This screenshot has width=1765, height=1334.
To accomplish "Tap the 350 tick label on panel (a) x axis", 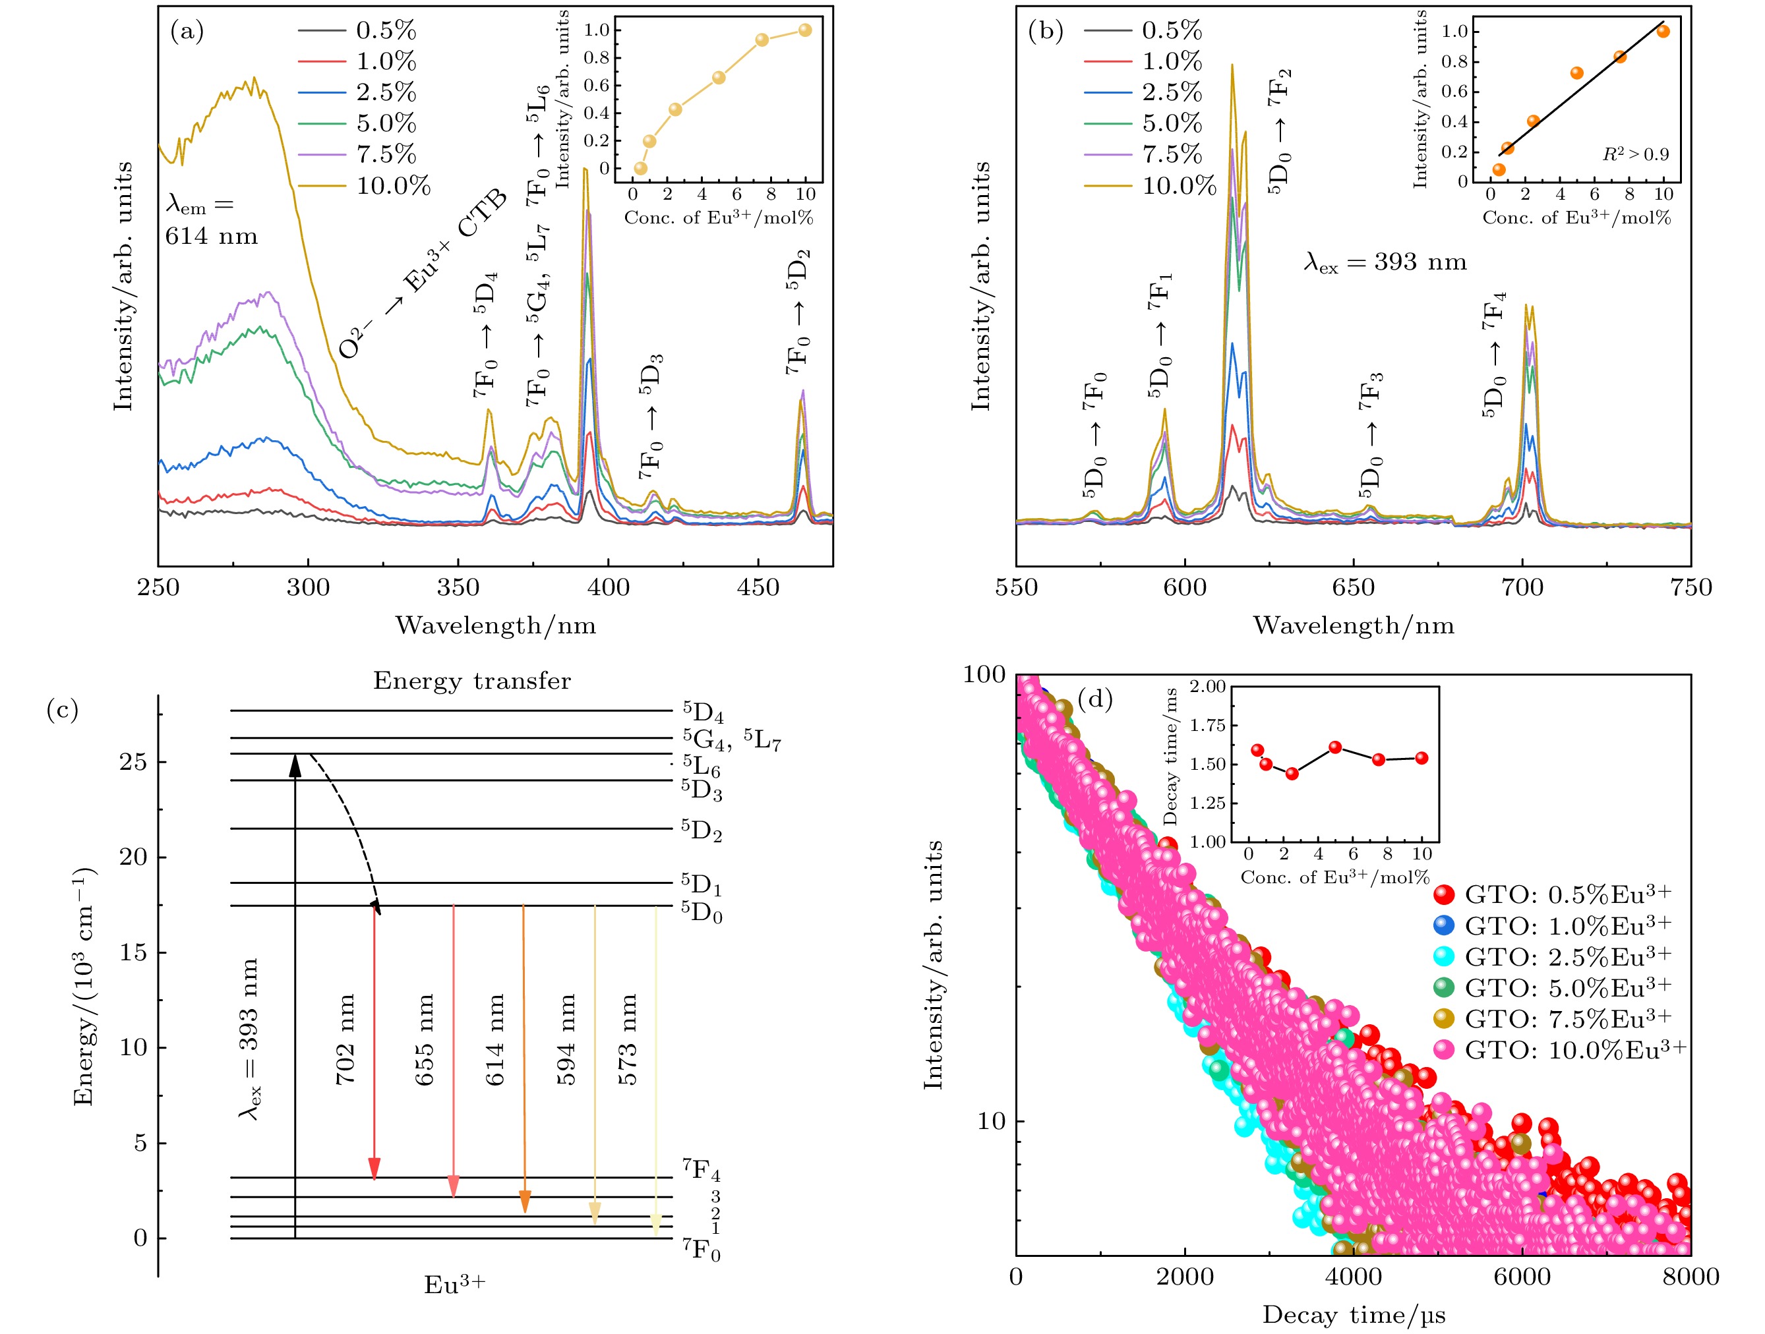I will [458, 588].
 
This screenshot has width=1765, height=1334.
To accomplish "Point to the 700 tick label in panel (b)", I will [1522, 588].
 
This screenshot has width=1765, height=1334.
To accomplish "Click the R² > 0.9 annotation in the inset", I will [1635, 154].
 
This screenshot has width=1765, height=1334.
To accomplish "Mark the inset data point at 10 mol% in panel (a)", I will [805, 30].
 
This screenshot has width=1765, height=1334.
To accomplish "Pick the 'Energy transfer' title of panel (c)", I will [471, 681].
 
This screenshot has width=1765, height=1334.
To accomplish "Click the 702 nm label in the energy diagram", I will [345, 1039].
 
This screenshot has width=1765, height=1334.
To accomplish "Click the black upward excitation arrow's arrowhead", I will [295, 765].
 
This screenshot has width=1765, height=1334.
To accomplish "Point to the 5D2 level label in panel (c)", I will [702, 830].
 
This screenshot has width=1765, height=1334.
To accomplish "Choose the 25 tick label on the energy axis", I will [133, 762].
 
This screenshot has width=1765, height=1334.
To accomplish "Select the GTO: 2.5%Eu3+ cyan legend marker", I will [1443, 956].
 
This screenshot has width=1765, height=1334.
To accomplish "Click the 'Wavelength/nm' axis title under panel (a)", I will [496, 625].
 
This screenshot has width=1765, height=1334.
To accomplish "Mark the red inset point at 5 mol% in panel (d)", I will [1335, 747].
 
